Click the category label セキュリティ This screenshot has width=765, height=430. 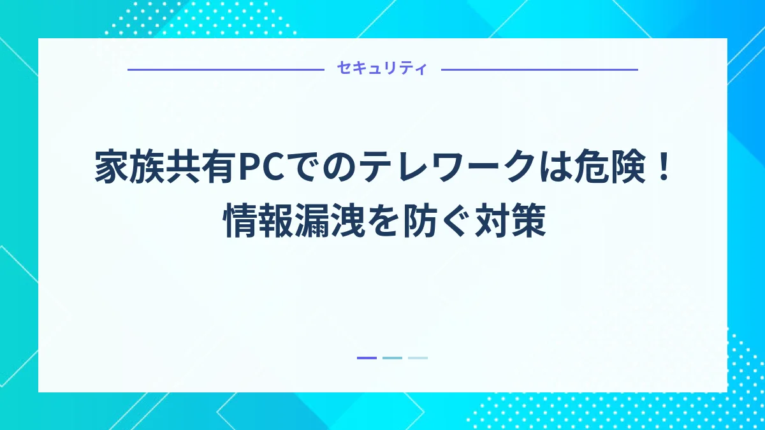[x=382, y=69]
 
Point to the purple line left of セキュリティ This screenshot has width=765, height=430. [x=226, y=69]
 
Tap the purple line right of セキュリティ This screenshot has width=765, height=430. [x=539, y=69]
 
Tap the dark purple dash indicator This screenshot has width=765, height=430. [x=367, y=358]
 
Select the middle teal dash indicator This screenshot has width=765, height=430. [x=392, y=358]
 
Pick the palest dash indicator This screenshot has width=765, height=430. [x=418, y=358]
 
